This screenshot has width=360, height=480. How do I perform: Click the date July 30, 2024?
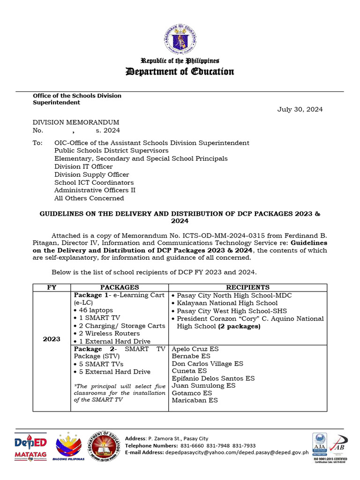[300, 110]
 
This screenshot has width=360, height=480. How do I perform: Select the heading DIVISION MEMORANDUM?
[75, 122]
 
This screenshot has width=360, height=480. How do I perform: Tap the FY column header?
[52, 287]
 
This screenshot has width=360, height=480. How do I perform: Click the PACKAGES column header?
[120, 287]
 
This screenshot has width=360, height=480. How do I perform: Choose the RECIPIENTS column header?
[247, 287]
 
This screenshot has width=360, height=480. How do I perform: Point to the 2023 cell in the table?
[52, 339]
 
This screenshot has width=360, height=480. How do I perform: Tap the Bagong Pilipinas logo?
[70, 449]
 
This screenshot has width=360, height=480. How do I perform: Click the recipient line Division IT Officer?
[83, 166]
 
